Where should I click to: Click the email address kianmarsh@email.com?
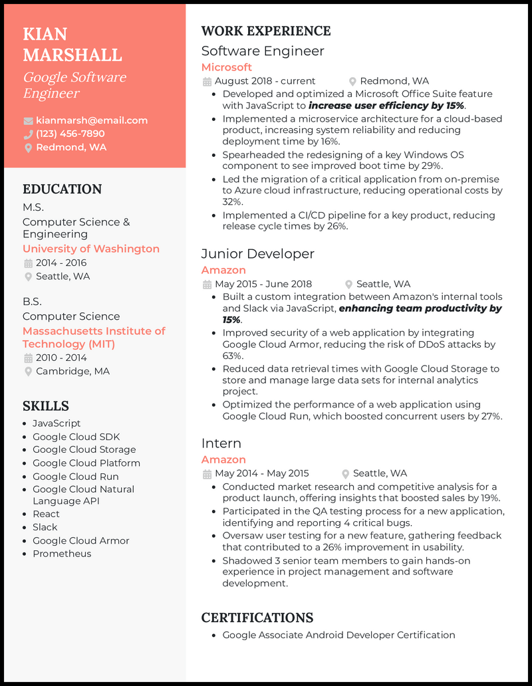92,120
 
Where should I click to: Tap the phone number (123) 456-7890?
70,134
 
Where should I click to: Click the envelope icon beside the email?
28,121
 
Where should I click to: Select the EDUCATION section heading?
62,189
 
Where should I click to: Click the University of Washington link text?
91,249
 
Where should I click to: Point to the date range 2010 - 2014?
61,358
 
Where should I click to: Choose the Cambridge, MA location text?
72,371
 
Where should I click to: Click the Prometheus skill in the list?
62,554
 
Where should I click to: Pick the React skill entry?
46,514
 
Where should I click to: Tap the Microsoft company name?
226,67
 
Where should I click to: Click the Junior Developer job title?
257,254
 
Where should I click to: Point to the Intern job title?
221,443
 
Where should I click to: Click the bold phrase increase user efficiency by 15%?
386,106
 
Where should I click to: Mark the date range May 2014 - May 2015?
262,473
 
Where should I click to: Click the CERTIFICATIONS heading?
257,618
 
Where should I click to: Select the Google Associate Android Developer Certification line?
338,635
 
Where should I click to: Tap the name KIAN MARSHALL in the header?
72,44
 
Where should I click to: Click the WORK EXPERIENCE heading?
265,31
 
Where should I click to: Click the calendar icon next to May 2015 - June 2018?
207,285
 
